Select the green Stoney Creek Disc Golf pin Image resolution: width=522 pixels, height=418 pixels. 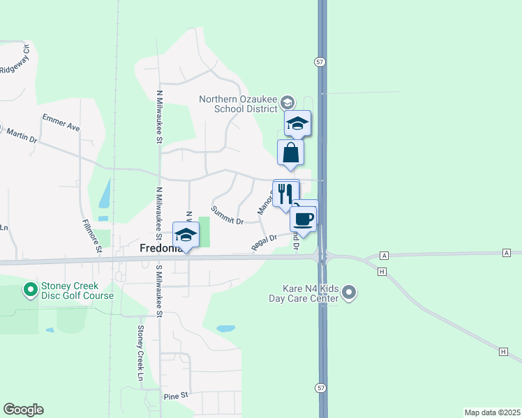pos(30,288)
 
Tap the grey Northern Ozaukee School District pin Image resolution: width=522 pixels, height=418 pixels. pos(287,103)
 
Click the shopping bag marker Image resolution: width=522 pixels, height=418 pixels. pos(290,153)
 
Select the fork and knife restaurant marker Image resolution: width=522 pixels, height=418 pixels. pos(285,193)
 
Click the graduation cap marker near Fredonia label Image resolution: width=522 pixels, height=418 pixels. pos(186,235)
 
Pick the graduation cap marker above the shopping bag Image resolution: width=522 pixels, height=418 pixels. pos(298,124)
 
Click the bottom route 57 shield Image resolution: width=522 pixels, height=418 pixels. pos(319,386)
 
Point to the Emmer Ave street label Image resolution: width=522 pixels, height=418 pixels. pos(61,122)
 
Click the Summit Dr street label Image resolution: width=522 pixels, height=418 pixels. pos(228,216)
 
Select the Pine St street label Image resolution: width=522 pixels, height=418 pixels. pos(177,396)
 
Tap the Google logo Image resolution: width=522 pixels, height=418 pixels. pos(23,410)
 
